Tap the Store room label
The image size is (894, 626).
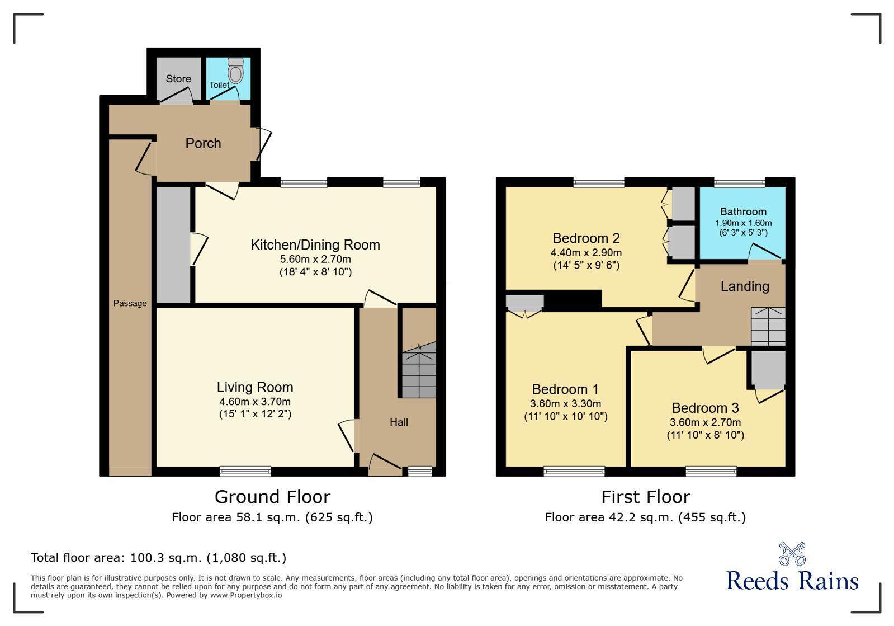pos(178,79)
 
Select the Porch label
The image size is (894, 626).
pos(203,143)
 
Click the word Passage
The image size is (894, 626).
pos(130,303)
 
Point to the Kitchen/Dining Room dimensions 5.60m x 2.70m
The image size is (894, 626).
pos(315,259)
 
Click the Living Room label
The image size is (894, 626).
pos(255,387)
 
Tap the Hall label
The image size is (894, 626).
pos(399,422)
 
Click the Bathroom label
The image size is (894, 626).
pos(743,211)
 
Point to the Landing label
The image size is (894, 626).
pos(745,286)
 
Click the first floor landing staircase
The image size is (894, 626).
pos(768,327)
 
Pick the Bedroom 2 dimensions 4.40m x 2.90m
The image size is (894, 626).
pos(586,252)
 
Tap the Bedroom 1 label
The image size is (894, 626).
pos(565,389)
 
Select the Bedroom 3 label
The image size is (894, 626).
pos(705,408)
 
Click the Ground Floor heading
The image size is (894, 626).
pos(272,497)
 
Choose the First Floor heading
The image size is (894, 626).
pos(645,497)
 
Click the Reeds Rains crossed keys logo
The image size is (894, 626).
pos(792,554)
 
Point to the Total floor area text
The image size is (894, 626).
pos(158,557)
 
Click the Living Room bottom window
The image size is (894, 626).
pos(245,472)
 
